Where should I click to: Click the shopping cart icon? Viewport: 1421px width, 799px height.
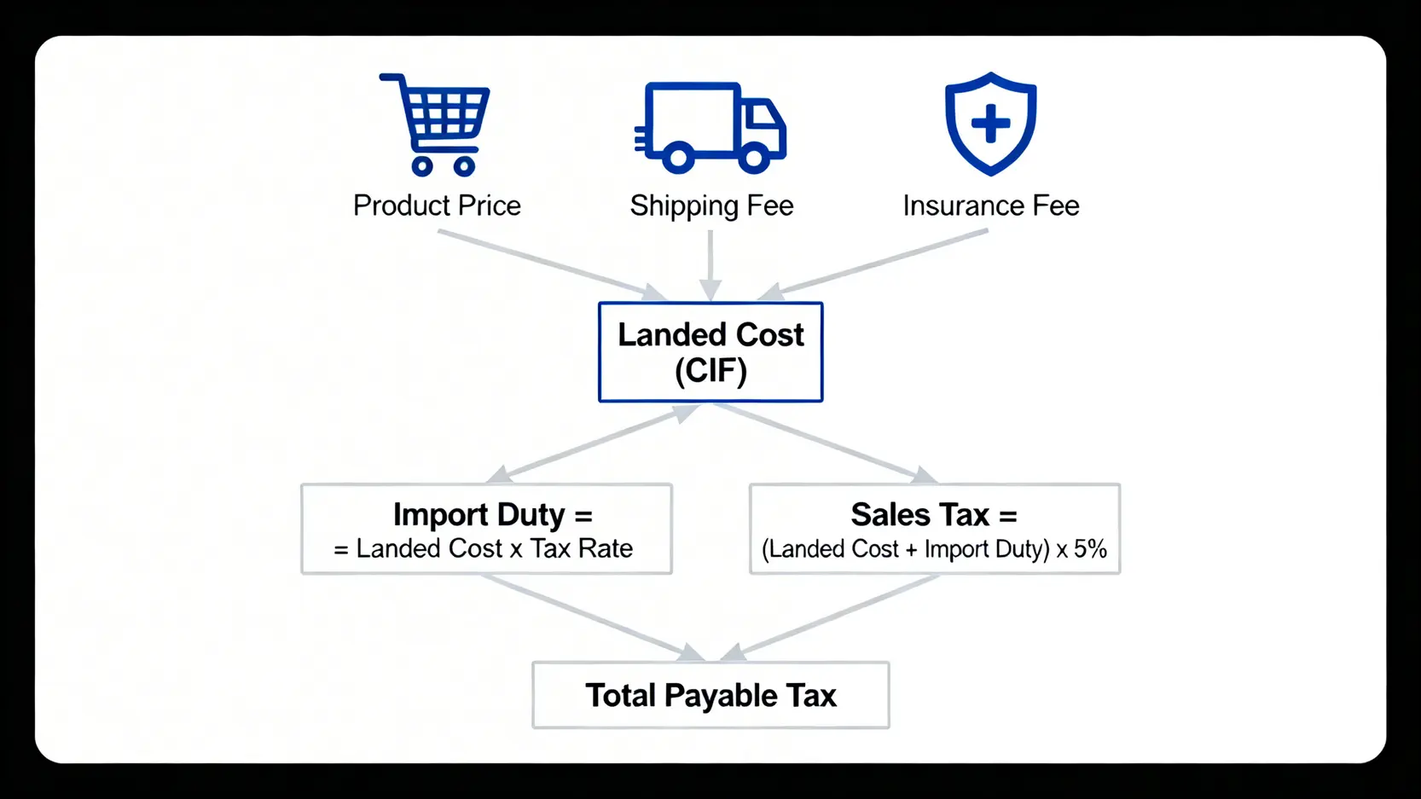[x=435, y=124]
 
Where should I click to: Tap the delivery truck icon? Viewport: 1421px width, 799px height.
[x=710, y=126]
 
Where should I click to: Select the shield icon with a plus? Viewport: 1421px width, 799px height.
[x=990, y=124]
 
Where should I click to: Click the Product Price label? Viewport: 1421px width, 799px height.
[x=437, y=206]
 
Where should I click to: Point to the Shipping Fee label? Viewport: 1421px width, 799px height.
[x=711, y=206]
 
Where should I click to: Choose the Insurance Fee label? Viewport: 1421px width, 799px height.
[x=991, y=206]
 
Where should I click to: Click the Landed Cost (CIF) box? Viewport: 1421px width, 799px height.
[x=710, y=351]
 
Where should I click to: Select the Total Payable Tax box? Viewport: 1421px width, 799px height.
[x=710, y=695]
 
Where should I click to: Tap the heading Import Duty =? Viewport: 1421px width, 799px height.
[x=492, y=514]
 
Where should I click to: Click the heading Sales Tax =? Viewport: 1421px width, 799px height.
[x=934, y=514]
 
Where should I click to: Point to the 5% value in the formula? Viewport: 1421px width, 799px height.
[x=1090, y=549]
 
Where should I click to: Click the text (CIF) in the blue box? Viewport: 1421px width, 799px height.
[x=710, y=371]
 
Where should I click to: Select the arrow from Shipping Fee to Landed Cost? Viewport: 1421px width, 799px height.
[x=710, y=264]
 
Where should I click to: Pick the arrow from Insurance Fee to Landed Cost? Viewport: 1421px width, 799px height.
[x=874, y=263]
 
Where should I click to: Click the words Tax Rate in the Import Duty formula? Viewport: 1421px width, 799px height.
[x=582, y=548]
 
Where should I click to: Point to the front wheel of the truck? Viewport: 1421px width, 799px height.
[x=753, y=158]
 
